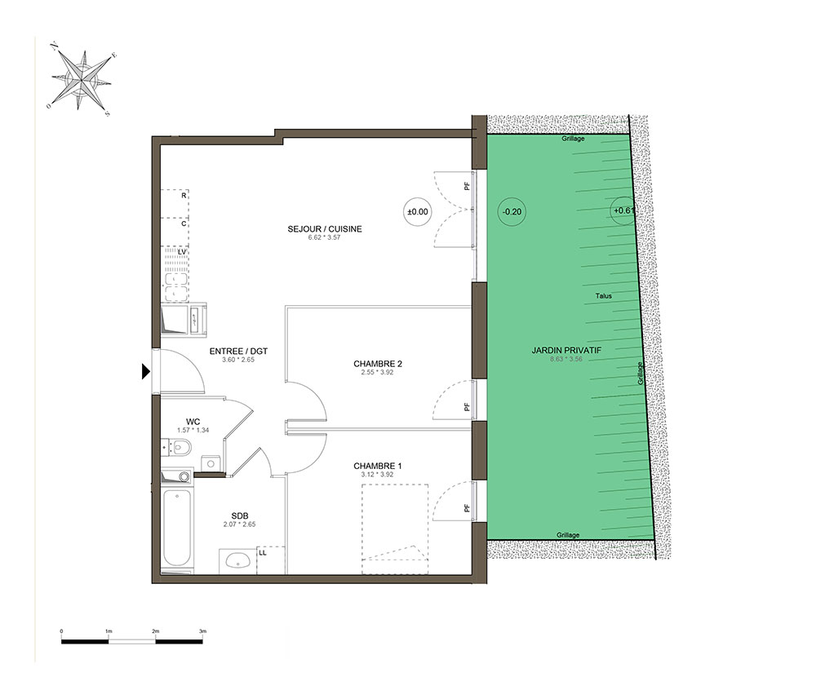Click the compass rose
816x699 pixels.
point(81,80)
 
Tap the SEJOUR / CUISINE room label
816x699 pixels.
point(325,229)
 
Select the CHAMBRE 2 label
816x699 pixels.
point(378,364)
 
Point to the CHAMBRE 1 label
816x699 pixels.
point(378,466)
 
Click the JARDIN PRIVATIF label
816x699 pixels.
point(566,350)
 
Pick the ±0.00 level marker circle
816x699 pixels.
point(417,212)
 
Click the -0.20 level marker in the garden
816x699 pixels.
point(512,212)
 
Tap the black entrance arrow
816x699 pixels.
point(146,371)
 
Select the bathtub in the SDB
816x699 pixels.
point(177,528)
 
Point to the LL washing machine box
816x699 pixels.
point(271,560)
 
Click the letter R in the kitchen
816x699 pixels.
point(184,196)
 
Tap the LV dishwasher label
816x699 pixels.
point(182,252)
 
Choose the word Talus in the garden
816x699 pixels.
point(604,296)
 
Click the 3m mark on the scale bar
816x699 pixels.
point(202,631)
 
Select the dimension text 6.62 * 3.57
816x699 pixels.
point(324,237)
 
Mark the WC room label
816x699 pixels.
point(193,422)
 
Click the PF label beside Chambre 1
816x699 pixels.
point(467,508)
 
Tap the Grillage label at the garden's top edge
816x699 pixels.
point(573,139)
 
